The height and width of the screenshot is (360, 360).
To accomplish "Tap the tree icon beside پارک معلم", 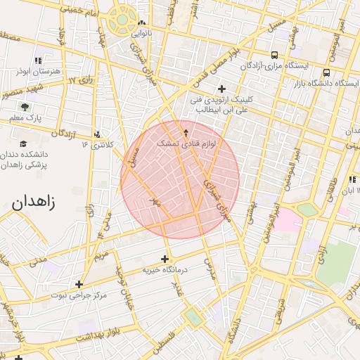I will (x=25, y=107).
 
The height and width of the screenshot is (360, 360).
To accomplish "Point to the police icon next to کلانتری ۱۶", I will (x=97, y=134).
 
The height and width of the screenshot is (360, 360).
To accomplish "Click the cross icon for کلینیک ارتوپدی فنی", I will (x=222, y=89).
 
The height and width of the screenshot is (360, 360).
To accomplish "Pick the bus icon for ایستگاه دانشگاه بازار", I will (x=328, y=72).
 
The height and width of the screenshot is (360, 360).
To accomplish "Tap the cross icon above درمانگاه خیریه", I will (x=166, y=258).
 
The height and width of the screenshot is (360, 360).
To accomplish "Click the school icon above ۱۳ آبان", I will (x=352, y=180).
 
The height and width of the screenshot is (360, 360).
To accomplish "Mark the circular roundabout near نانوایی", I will (x=123, y=19).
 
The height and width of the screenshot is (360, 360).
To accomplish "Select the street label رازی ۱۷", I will (x=82, y=81).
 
